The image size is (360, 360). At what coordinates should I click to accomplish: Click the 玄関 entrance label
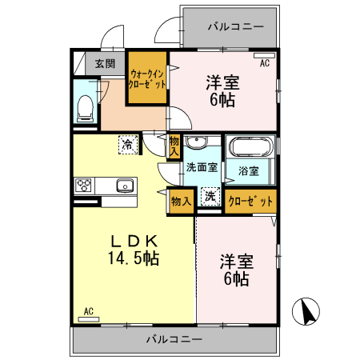(104, 63)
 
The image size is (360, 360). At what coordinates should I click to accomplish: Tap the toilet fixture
(85, 107)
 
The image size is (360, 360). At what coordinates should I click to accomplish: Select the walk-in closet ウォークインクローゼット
(148, 78)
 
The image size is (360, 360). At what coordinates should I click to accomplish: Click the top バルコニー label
(235, 26)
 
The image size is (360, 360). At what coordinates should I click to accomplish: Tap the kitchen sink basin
(124, 186)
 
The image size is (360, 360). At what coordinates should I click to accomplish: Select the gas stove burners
(84, 186)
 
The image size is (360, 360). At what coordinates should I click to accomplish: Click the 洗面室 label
(202, 168)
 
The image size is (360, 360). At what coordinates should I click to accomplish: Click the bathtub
(251, 147)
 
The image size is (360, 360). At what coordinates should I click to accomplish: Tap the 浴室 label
(248, 170)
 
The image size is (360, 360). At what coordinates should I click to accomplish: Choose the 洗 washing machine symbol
(209, 197)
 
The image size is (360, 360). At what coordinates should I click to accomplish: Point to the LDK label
(135, 240)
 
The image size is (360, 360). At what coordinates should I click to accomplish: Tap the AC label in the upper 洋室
(264, 61)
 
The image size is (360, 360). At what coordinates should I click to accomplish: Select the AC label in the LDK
(89, 310)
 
